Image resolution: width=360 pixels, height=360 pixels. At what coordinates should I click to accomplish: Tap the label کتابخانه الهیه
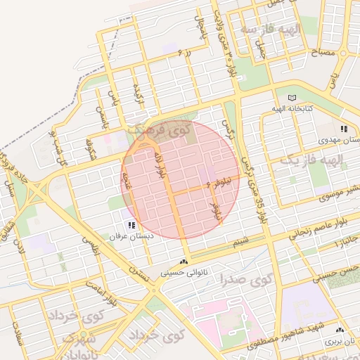click(x=293, y=109)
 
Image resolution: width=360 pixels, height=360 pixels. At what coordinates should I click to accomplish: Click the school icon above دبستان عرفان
click(x=131, y=225)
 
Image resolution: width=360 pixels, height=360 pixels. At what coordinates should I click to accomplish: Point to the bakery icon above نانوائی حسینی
click(x=184, y=262)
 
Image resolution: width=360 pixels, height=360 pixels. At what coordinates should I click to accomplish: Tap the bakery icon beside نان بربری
click(x=340, y=330)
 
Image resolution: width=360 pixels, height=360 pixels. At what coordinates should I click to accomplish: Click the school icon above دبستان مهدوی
click(x=344, y=129)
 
